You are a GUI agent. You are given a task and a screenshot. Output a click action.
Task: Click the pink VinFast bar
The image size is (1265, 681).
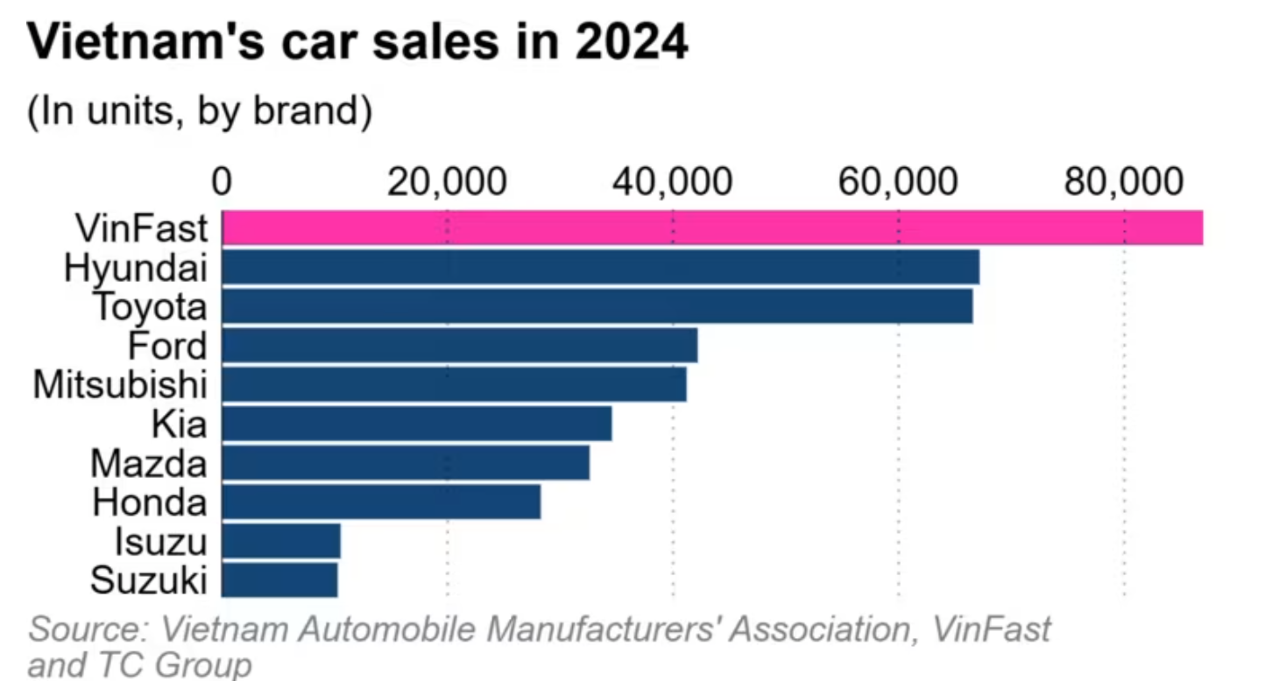coord(711,228)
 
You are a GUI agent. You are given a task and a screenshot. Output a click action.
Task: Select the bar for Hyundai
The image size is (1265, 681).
coord(600,267)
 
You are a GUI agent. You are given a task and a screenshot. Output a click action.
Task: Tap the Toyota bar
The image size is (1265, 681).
coord(597,306)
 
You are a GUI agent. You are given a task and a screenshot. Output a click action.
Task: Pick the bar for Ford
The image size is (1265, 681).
coord(459,345)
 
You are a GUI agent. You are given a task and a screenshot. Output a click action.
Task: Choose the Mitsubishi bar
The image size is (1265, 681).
coord(454,384)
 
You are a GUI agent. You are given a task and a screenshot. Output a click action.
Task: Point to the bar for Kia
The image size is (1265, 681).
coord(416,424)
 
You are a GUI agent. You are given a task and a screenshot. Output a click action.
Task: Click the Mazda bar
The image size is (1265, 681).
coord(405,462)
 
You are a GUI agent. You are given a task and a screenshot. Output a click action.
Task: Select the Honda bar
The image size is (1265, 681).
coord(381,502)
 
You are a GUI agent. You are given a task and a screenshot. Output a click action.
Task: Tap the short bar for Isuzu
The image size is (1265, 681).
coord(280,540)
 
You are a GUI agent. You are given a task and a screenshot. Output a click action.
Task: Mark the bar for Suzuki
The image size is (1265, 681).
coord(279,579)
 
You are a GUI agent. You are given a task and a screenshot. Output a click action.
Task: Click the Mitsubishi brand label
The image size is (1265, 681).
coord(120,384)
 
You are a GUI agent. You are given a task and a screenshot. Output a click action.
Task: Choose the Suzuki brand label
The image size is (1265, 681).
coord(149,579)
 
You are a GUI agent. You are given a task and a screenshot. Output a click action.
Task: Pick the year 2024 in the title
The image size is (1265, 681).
coord(631,44)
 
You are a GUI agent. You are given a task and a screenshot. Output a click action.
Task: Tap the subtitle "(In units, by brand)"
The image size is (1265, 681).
coord(200,112)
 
